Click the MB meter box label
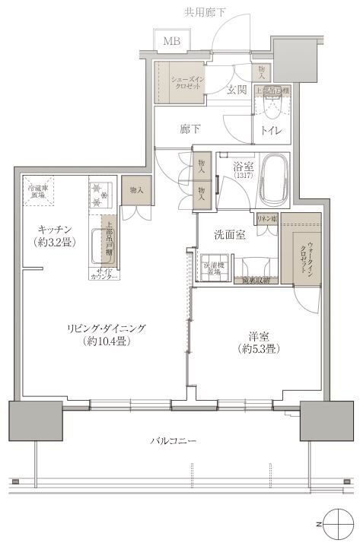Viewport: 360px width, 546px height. [x=169, y=40]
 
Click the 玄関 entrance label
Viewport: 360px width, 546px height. [x=237, y=90]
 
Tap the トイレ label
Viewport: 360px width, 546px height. [x=272, y=130]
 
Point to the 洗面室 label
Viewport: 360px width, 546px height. [x=229, y=234]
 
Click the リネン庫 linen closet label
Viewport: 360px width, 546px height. [x=266, y=218]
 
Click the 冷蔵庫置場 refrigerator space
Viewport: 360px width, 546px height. [x=36, y=191]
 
